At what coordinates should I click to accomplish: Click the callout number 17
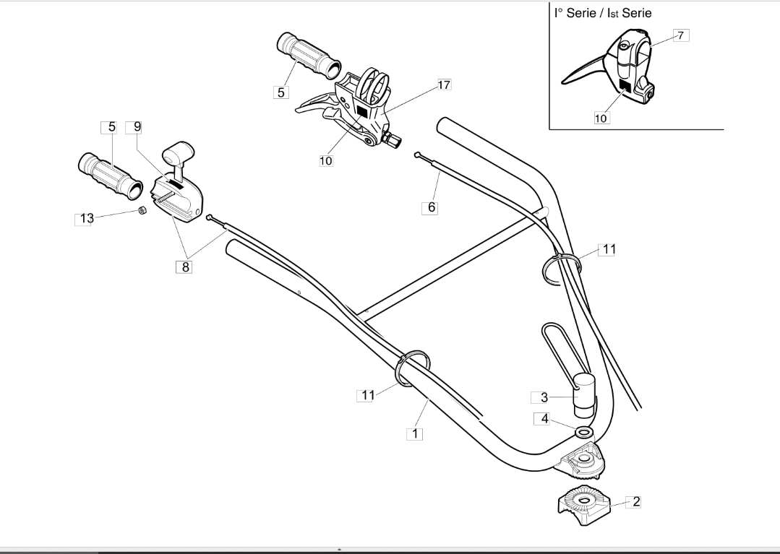[445, 85]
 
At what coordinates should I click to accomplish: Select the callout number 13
[87, 218]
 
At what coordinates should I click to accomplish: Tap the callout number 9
[137, 126]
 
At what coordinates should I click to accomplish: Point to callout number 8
[186, 267]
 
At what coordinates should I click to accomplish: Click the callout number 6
[432, 207]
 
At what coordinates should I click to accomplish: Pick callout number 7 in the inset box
[680, 35]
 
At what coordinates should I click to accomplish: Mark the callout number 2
[636, 501]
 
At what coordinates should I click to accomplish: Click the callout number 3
[544, 397]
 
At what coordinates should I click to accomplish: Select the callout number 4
[545, 419]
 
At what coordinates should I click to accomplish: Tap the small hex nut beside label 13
[141, 211]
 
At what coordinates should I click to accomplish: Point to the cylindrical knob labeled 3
[585, 395]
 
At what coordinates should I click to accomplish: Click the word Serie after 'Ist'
[637, 13]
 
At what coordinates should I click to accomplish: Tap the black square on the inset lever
[625, 86]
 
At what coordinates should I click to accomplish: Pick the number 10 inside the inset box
[601, 118]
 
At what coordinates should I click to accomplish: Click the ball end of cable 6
[417, 155]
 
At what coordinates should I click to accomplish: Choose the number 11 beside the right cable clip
[609, 249]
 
